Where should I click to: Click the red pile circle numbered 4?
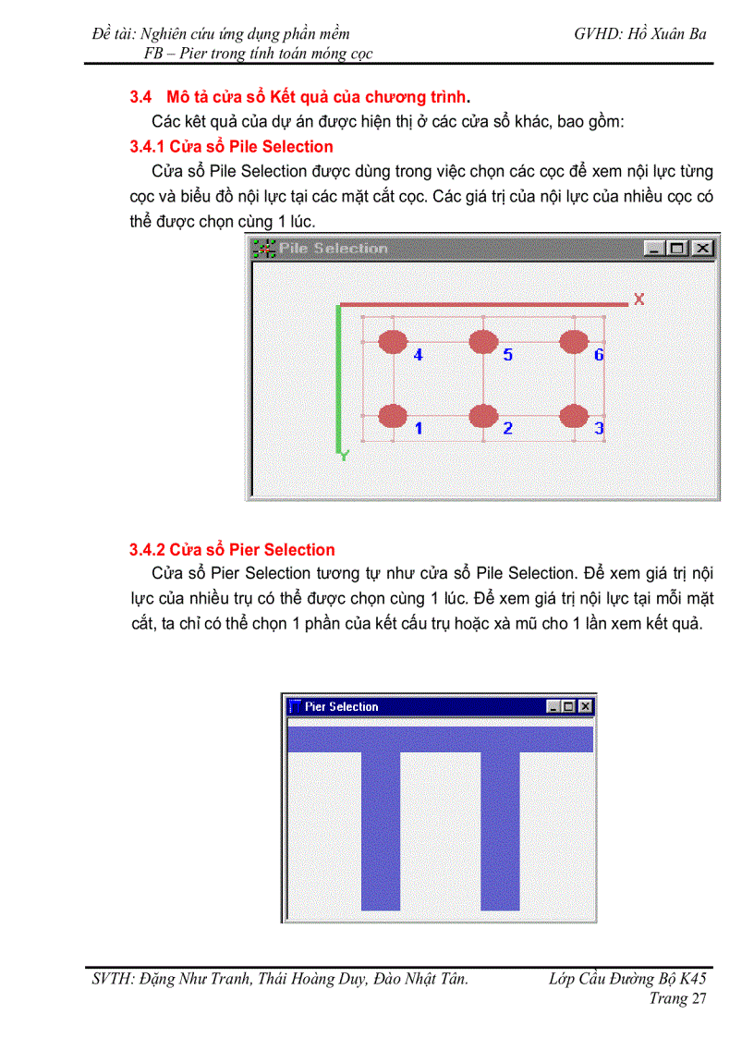393,342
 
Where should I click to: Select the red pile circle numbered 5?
483,342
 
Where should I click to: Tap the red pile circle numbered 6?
574,342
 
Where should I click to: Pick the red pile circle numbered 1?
393,416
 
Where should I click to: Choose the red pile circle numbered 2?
483,416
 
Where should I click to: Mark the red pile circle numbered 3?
574,416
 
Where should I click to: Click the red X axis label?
638,299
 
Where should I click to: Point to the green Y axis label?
345,455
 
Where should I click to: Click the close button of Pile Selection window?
703,249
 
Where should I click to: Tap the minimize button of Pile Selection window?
655,249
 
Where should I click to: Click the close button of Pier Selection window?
585,706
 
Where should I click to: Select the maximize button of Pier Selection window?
569,706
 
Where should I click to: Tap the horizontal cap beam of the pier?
440,739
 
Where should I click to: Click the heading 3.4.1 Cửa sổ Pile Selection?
231,146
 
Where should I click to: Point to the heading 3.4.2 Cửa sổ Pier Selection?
232,550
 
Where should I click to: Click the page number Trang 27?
677,998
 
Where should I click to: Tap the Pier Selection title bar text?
342,706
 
